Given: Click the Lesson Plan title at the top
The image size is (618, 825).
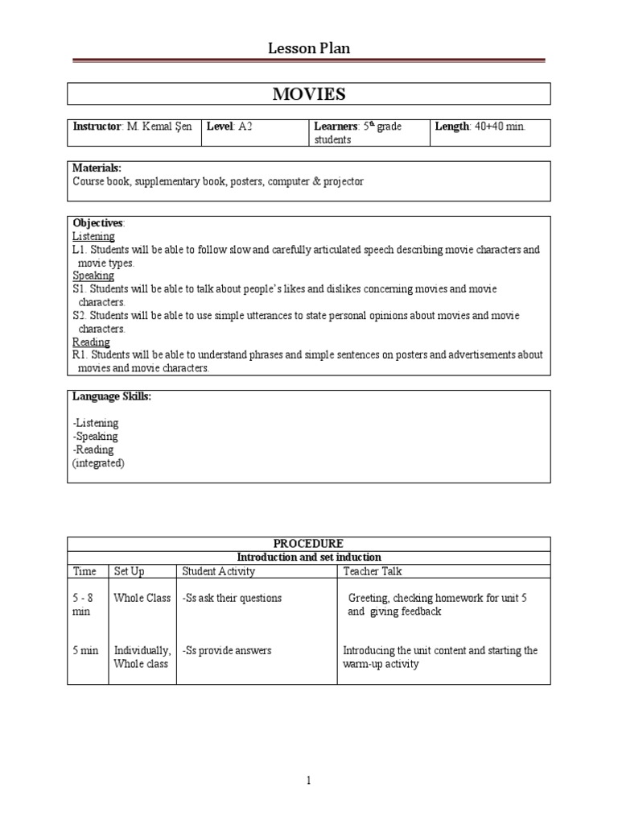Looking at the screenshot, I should click(x=309, y=49).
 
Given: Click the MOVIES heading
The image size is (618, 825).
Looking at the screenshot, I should click(x=309, y=94).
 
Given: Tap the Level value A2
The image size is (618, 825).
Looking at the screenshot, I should click(x=245, y=126).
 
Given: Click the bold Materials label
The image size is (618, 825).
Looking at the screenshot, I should click(x=97, y=168).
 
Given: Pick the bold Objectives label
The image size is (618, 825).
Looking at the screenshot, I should click(x=98, y=222).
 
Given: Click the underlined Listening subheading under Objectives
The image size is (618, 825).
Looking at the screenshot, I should click(x=93, y=236).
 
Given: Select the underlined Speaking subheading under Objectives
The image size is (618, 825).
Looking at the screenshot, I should click(x=93, y=276).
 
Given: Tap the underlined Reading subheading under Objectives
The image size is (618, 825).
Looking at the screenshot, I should click(x=91, y=342).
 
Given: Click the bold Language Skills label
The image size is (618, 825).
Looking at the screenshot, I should click(x=112, y=396).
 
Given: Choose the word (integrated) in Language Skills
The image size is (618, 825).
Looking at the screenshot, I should click(x=98, y=463).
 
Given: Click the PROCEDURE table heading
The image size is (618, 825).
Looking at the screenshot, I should click(x=309, y=544).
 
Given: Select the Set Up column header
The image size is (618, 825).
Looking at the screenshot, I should click(x=130, y=571).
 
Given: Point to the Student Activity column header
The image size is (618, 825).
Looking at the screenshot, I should click(x=218, y=571).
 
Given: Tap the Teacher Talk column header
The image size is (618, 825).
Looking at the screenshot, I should click(x=373, y=571).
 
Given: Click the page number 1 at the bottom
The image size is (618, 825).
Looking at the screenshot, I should click(x=309, y=781).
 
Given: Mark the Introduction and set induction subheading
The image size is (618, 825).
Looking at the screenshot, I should click(x=309, y=558).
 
